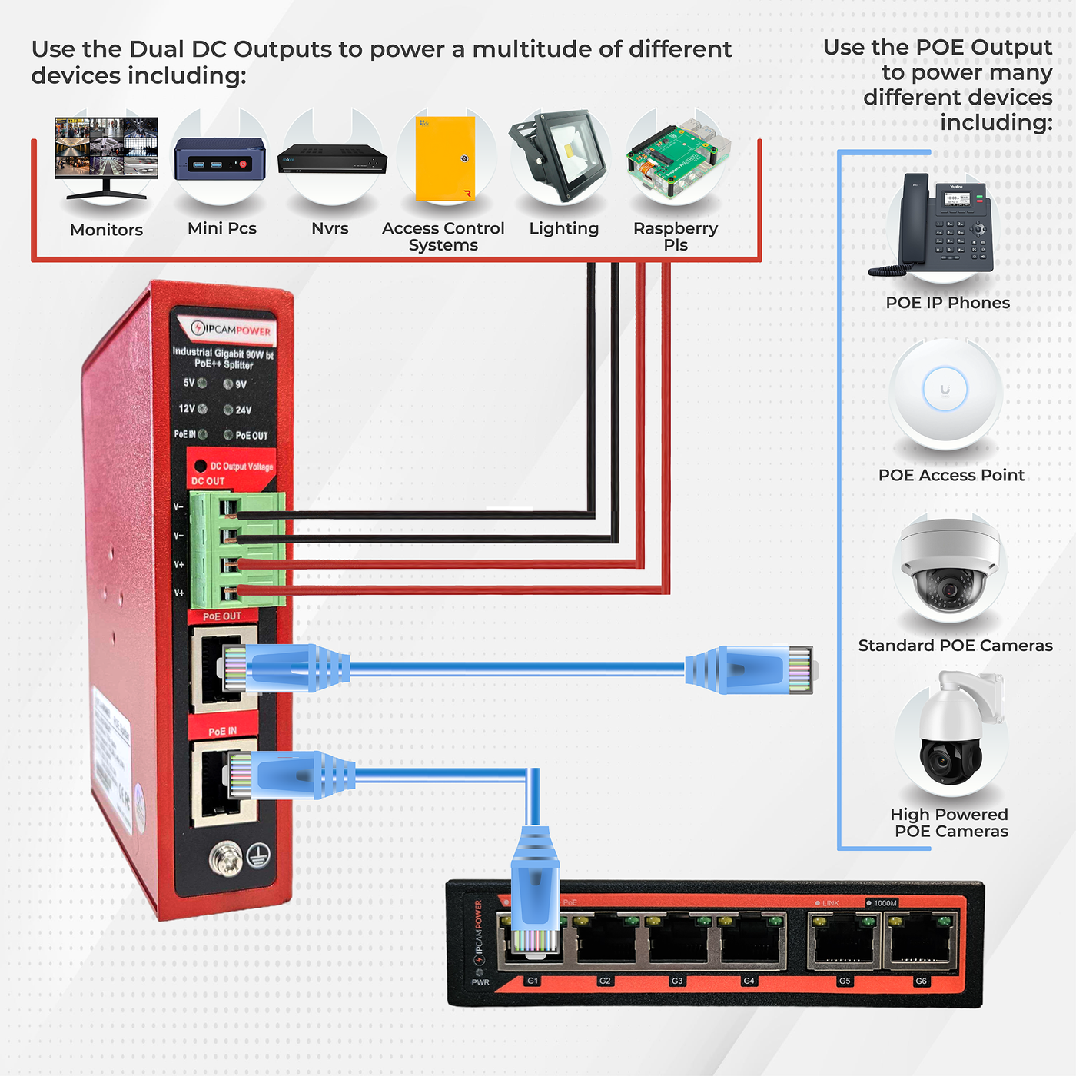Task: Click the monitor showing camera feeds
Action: pyautogui.click(x=106, y=150)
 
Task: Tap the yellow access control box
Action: pyautogui.click(x=445, y=158)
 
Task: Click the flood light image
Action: pyautogui.click(x=560, y=154)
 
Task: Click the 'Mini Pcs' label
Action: pyautogui.click(x=221, y=228)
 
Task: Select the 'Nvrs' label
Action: pyautogui.click(x=330, y=228)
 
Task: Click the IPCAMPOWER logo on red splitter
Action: pyautogui.click(x=230, y=330)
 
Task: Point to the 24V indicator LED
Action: pyautogui.click(x=228, y=410)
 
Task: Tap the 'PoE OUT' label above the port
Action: pyautogui.click(x=222, y=616)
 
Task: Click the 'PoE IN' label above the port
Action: pyautogui.click(x=222, y=731)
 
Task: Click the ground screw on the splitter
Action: pyautogui.click(x=225, y=858)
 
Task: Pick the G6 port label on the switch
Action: pyautogui.click(x=921, y=981)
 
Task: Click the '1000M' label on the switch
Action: pyautogui.click(x=885, y=903)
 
